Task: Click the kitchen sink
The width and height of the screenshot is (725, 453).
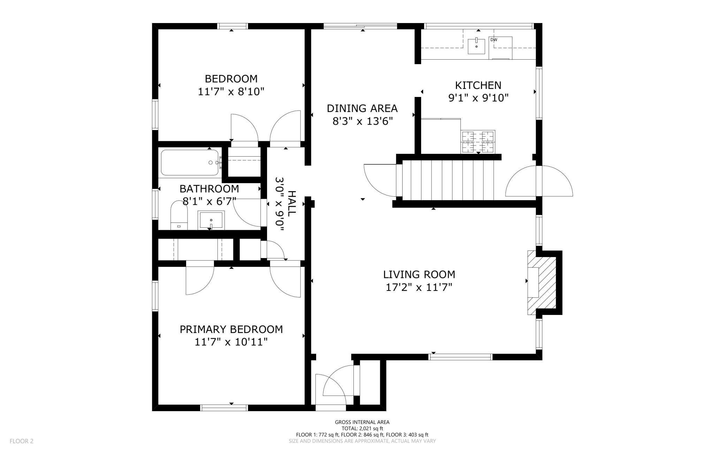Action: click(476, 46)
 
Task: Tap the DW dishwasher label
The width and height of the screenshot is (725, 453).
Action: click(494, 40)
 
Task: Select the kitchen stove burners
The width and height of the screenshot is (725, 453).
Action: click(478, 142)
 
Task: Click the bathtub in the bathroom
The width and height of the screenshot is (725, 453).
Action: click(190, 163)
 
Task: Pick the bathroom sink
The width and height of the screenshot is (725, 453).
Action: click(211, 220)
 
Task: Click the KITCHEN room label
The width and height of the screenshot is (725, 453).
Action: click(478, 85)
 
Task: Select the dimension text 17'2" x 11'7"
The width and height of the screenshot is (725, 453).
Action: click(419, 288)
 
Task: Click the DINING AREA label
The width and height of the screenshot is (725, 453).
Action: click(362, 108)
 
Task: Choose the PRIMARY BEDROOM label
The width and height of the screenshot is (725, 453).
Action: click(231, 329)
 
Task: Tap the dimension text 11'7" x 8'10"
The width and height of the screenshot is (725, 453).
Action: click(231, 92)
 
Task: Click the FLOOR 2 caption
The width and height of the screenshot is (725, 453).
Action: click(22, 441)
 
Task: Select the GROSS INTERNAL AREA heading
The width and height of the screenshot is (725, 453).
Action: click(362, 422)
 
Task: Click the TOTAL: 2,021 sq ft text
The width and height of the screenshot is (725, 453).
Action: click(362, 428)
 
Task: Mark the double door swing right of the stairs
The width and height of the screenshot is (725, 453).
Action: click(539, 181)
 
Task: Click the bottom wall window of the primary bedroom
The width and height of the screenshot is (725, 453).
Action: click(224, 407)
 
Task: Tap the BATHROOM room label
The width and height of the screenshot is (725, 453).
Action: click(209, 189)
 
